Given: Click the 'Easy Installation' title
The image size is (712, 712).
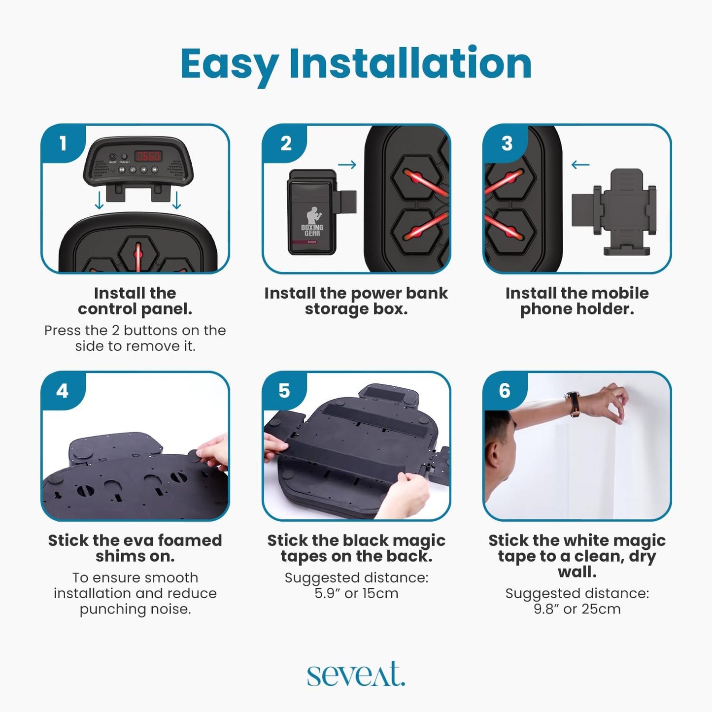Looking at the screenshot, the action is coord(356,65).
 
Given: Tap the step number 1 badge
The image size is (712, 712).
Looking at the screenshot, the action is coord(63,143).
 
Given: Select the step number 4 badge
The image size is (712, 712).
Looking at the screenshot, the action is coord(63,391).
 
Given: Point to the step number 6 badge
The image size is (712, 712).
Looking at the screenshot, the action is coord(505,391).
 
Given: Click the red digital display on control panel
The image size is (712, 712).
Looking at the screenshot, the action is coord(148,156).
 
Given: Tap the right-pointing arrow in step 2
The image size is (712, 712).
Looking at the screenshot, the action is coord(347,165).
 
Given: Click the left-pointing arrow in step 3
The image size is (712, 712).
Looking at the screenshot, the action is coord(580,165).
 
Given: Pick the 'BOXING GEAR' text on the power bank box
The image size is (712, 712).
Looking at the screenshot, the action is coord(312,230).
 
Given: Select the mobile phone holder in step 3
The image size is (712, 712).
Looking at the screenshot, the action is coord(613,212).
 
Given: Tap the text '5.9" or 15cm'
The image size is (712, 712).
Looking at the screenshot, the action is coord(356,593).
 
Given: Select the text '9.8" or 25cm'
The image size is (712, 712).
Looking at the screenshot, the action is coord(577,609).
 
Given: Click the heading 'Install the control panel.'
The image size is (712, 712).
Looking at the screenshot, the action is coord(135,301).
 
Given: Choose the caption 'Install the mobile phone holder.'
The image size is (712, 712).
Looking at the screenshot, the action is coord(577,301).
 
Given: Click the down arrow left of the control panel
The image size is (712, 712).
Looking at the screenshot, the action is coord(99,200).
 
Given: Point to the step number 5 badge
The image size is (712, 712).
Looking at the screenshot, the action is coord(284,391).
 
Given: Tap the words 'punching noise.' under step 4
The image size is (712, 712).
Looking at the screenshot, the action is coord(135,610).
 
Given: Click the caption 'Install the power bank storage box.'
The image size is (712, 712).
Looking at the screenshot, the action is coord(356,301).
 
